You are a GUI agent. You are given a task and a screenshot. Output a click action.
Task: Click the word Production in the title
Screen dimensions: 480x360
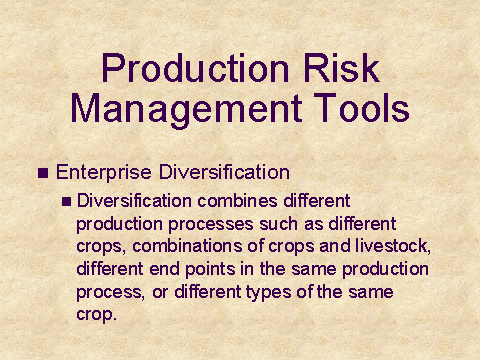[x=195, y=68]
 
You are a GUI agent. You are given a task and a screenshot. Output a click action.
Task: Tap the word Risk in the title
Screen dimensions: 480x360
[x=341, y=68]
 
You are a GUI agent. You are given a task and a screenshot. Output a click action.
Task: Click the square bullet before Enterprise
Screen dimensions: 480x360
[x=43, y=173]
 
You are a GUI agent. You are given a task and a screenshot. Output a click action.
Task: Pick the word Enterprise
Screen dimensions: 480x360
[x=104, y=173]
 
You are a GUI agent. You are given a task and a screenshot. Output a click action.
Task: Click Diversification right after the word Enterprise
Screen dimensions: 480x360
[x=224, y=172]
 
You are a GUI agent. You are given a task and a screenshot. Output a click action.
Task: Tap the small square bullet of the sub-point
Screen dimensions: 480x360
[x=66, y=201]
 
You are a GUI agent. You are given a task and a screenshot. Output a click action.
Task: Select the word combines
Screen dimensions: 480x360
[x=237, y=201]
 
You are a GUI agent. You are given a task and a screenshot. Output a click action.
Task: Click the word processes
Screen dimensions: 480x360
[x=211, y=225]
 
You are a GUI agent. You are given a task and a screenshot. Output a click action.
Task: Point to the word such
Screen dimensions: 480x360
[x=278, y=224]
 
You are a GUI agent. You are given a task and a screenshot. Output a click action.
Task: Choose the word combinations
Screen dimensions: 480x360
[x=187, y=246]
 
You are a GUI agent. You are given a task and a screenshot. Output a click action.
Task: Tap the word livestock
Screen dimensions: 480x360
[x=393, y=246]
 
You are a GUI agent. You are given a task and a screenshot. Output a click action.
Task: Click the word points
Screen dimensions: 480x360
[x=210, y=269]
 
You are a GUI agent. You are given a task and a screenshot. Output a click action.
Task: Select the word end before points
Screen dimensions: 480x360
[x=164, y=269]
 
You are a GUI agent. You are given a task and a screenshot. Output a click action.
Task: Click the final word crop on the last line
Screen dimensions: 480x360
[x=95, y=315]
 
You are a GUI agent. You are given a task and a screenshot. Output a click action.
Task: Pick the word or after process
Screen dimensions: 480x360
[x=160, y=293]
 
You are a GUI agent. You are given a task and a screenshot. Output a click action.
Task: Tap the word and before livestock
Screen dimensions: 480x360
[x=335, y=246]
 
